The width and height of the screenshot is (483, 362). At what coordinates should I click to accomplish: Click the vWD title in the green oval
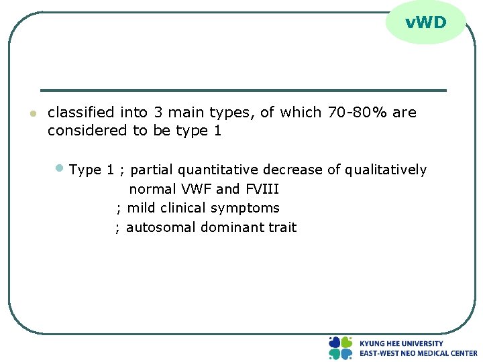click(x=425, y=23)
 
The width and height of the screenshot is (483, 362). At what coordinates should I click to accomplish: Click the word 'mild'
click(x=142, y=208)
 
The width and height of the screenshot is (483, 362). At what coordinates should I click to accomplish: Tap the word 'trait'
click(x=282, y=227)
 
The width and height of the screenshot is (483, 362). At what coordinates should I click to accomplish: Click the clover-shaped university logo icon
click(x=340, y=348)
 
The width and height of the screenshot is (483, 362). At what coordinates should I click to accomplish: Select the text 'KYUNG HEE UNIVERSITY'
click(x=401, y=343)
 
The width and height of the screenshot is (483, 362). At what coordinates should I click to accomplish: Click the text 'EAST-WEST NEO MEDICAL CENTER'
click(x=418, y=353)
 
